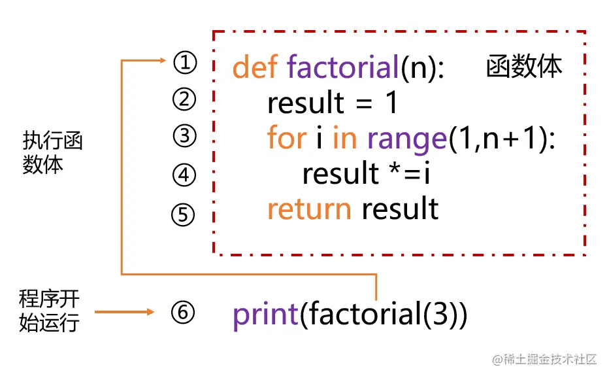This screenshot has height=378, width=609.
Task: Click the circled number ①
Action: (x=184, y=63)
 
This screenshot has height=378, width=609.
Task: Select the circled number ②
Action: (x=184, y=100)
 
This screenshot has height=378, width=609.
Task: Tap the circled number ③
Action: (x=184, y=137)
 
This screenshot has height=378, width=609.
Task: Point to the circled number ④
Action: (x=184, y=175)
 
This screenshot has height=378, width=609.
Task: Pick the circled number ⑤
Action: (x=184, y=215)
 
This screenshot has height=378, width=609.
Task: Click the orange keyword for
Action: (x=286, y=138)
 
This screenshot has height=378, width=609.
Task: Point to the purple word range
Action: (x=406, y=139)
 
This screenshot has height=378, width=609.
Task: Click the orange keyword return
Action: (x=309, y=209)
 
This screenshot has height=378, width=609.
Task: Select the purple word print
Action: (x=265, y=315)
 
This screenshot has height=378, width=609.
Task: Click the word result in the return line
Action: (x=400, y=209)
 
